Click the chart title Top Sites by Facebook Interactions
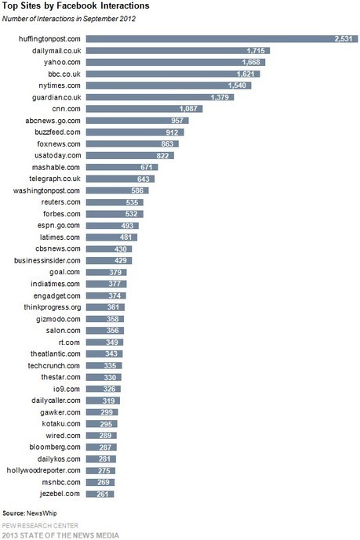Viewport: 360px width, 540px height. coord(76,5)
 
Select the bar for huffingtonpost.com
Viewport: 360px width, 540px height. coord(222,39)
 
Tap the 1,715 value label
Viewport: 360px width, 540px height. coord(256,51)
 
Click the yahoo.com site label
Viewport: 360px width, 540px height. coord(62,63)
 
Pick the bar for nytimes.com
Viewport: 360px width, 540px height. coord(169,85)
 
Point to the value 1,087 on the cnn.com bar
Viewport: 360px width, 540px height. coord(188,109)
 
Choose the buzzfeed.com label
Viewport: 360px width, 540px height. coord(57,132)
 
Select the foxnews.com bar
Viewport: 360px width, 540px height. coord(133,144)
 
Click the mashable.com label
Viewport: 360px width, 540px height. coord(56,168)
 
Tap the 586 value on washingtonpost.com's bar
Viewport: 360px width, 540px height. coord(137,190)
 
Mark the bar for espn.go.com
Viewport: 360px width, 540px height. coord(112,226)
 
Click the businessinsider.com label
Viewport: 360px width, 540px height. coord(47,260)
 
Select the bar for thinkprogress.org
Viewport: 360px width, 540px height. coord(105,307)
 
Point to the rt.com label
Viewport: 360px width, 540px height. coord(69,342)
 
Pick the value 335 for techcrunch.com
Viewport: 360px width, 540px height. coord(111,365)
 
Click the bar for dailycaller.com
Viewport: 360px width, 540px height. coord(103,400)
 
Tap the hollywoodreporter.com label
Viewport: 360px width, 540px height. coord(43,470)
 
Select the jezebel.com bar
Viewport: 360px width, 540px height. coord(100,495)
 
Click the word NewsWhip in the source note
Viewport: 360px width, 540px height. coord(42,513)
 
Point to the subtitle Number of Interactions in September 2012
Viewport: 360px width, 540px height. coord(69,19)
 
